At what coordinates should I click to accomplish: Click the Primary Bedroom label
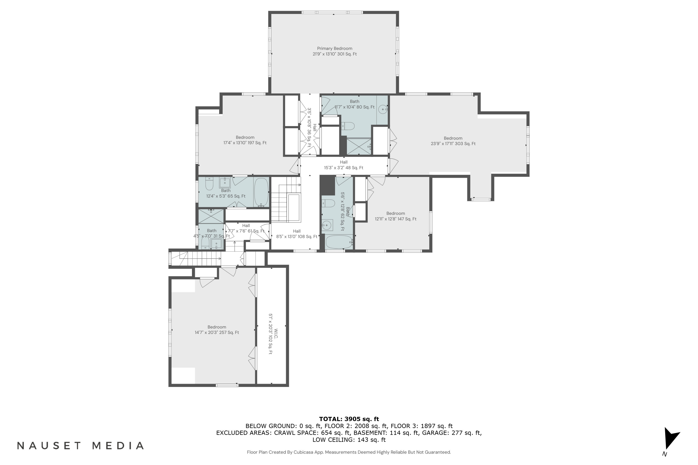click(335, 48)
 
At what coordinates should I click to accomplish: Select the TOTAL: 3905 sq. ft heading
click(349, 419)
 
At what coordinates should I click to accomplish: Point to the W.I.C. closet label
click(276, 334)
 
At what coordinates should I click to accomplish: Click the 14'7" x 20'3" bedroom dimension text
click(217, 332)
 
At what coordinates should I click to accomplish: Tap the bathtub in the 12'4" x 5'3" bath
click(261, 192)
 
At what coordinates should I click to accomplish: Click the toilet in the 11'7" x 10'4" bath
click(348, 126)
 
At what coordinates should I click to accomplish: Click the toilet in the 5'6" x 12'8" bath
click(328, 203)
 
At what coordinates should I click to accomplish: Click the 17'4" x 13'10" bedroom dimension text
click(245, 143)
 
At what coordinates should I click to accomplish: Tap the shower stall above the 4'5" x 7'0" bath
click(211, 216)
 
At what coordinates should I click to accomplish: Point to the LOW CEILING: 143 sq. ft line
click(349, 439)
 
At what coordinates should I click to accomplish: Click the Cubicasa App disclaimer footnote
click(349, 452)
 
